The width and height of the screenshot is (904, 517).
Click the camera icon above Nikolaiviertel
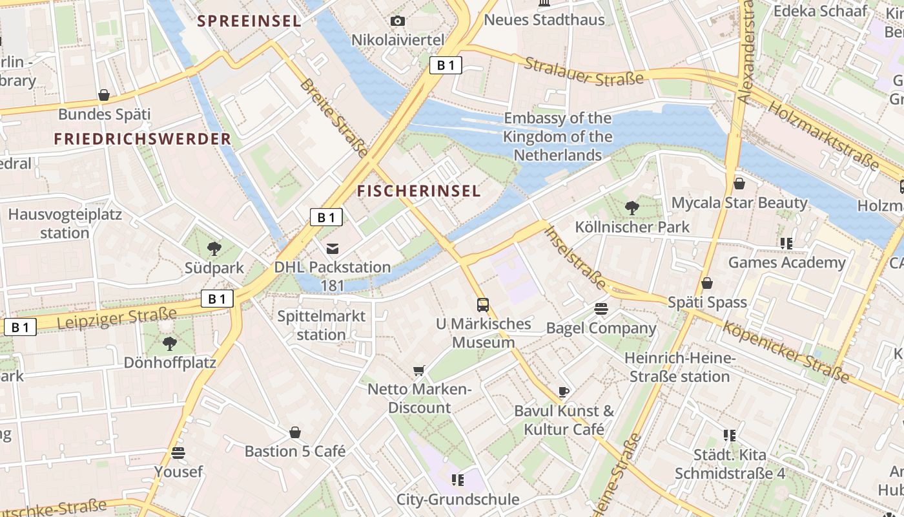(x=398, y=21)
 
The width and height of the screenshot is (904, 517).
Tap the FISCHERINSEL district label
(x=419, y=191)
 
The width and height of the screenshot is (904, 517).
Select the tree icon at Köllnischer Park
(x=632, y=207)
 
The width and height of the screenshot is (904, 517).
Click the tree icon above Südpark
(x=214, y=248)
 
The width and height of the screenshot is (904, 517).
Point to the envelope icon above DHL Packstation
(x=333, y=248)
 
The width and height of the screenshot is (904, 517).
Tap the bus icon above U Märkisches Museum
(x=483, y=304)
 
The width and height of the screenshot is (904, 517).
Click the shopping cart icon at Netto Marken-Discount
(x=419, y=370)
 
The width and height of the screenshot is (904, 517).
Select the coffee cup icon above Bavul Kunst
(x=564, y=392)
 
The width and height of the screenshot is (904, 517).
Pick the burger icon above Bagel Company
(x=601, y=308)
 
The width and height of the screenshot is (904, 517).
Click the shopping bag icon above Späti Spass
(x=707, y=283)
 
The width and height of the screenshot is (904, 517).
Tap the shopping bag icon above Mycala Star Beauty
(x=739, y=184)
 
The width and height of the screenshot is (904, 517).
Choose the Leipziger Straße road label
(x=117, y=318)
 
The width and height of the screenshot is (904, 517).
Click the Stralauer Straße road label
(x=584, y=71)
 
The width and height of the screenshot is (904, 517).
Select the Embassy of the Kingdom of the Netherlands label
(x=557, y=136)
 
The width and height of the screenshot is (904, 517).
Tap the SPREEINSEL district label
(x=249, y=21)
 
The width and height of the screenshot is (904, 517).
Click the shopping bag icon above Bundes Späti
(x=104, y=96)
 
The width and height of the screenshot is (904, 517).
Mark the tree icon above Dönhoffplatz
(x=170, y=343)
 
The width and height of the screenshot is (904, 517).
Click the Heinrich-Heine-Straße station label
(x=680, y=367)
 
